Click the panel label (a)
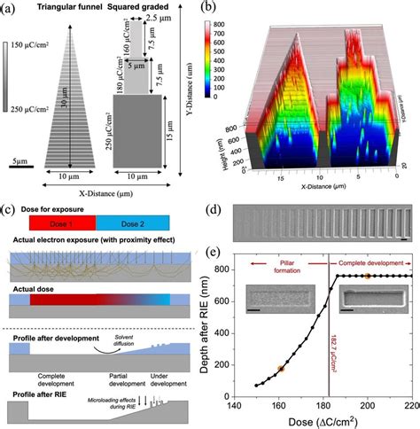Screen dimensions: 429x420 pos(12,10)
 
